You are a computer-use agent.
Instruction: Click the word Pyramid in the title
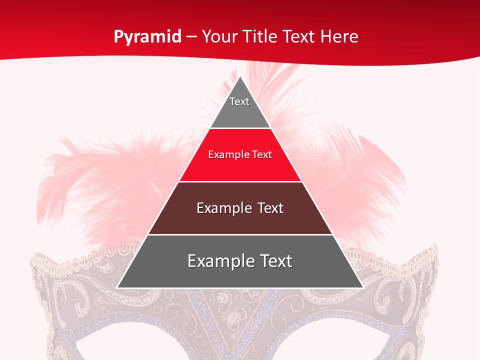pyautogui.click(x=147, y=37)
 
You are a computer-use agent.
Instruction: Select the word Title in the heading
pyautogui.click(x=263, y=37)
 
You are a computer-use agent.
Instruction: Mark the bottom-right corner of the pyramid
pyautogui.click(x=362, y=287)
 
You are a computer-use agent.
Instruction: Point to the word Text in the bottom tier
pyautogui.click(x=275, y=261)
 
